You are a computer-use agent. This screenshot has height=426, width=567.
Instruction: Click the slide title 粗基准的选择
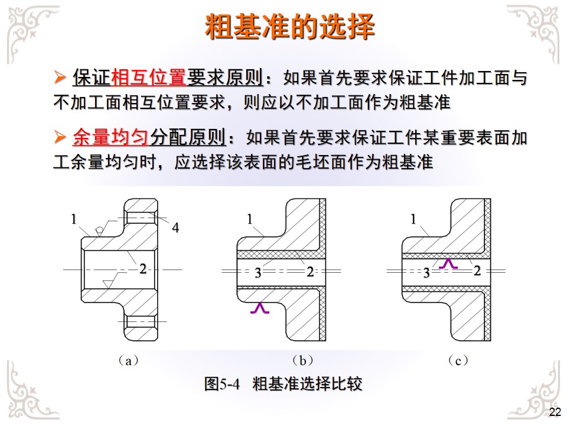point(289,26)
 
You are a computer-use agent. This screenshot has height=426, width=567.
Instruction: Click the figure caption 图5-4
point(223,384)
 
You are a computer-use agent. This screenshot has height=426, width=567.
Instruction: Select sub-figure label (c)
point(457,360)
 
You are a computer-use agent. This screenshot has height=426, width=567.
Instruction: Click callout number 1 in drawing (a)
point(74,219)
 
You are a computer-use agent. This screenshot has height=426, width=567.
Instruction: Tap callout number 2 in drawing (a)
point(142,268)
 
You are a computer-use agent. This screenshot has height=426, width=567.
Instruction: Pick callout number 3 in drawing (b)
point(258,273)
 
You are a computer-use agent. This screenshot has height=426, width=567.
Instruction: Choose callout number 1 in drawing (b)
point(250,219)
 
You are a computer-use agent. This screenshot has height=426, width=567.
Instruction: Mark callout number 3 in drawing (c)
point(426,273)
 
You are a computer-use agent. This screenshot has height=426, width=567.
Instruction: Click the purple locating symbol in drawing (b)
point(260,308)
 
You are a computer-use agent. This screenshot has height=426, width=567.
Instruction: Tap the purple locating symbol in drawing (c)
point(449,263)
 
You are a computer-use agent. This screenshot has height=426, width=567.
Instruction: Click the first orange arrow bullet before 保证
point(60,78)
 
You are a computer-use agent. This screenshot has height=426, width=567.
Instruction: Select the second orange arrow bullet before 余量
point(60,138)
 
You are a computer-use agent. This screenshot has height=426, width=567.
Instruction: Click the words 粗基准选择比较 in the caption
point(307,384)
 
